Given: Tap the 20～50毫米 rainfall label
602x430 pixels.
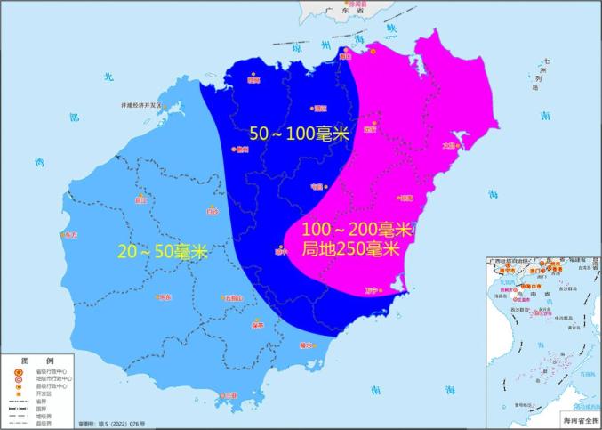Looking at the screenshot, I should coord(163,252).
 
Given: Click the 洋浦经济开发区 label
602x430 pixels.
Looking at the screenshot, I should coord(146,105).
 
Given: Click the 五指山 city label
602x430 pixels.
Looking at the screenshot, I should coord(233,298).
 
